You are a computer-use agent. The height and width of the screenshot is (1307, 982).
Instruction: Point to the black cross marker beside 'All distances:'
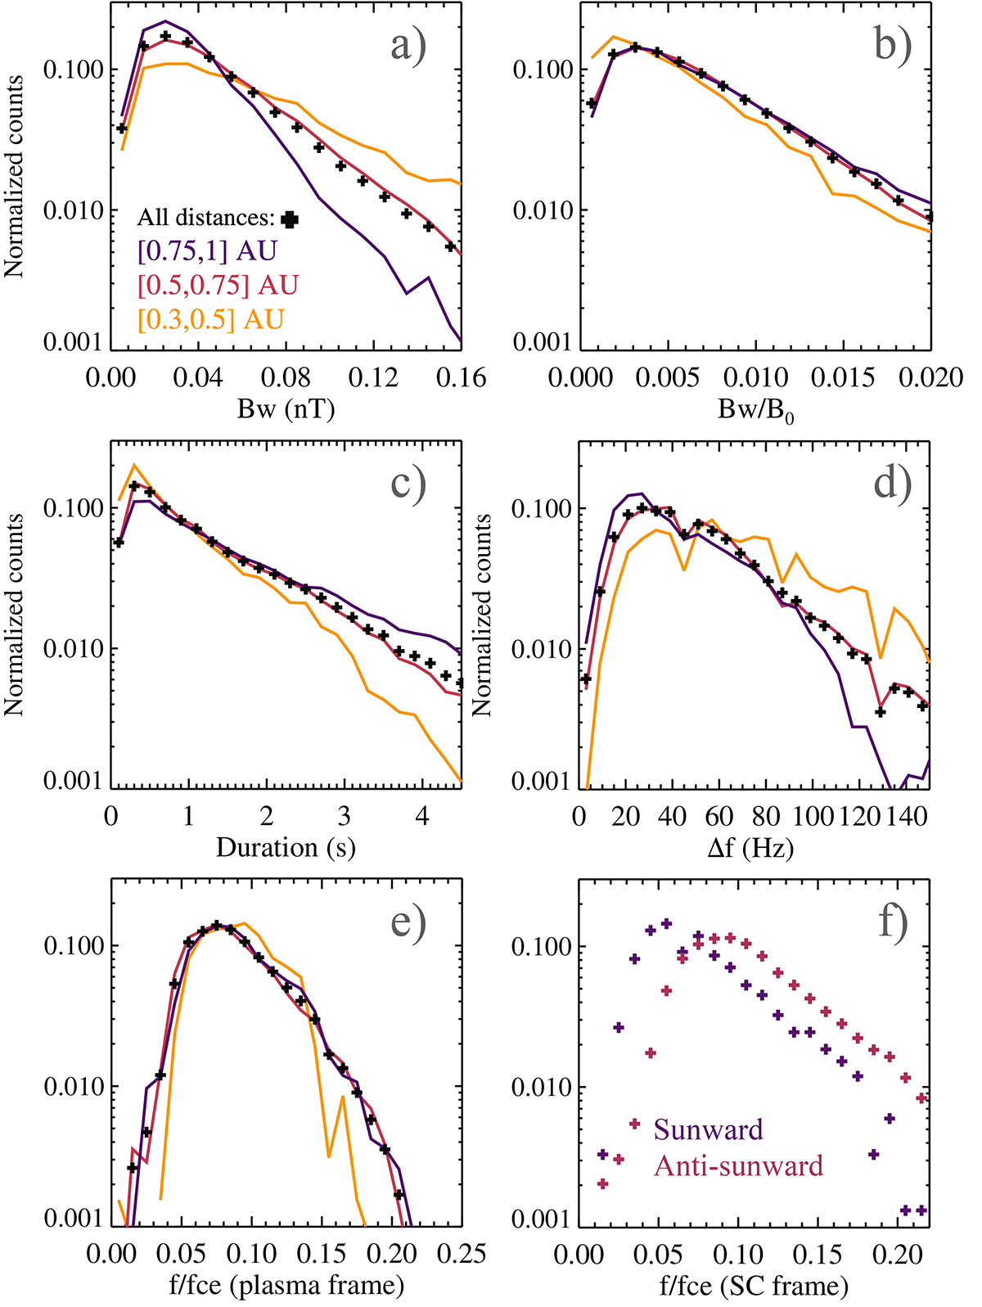click(x=289, y=219)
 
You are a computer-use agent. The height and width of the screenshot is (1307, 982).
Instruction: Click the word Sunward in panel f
click(x=708, y=1130)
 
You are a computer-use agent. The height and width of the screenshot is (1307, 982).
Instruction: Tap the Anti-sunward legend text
click(x=738, y=1165)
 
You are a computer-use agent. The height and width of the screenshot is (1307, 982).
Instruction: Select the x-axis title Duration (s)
click(x=286, y=848)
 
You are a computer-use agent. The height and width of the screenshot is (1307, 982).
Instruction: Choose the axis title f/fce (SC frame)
click(x=754, y=1287)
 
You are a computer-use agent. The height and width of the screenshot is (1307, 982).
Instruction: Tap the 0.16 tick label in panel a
click(x=461, y=378)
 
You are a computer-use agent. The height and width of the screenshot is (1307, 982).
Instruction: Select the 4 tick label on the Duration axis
click(x=422, y=817)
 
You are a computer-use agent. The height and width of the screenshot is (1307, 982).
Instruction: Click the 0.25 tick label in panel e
click(x=461, y=1254)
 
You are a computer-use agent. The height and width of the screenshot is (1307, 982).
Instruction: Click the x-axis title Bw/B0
click(x=756, y=411)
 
